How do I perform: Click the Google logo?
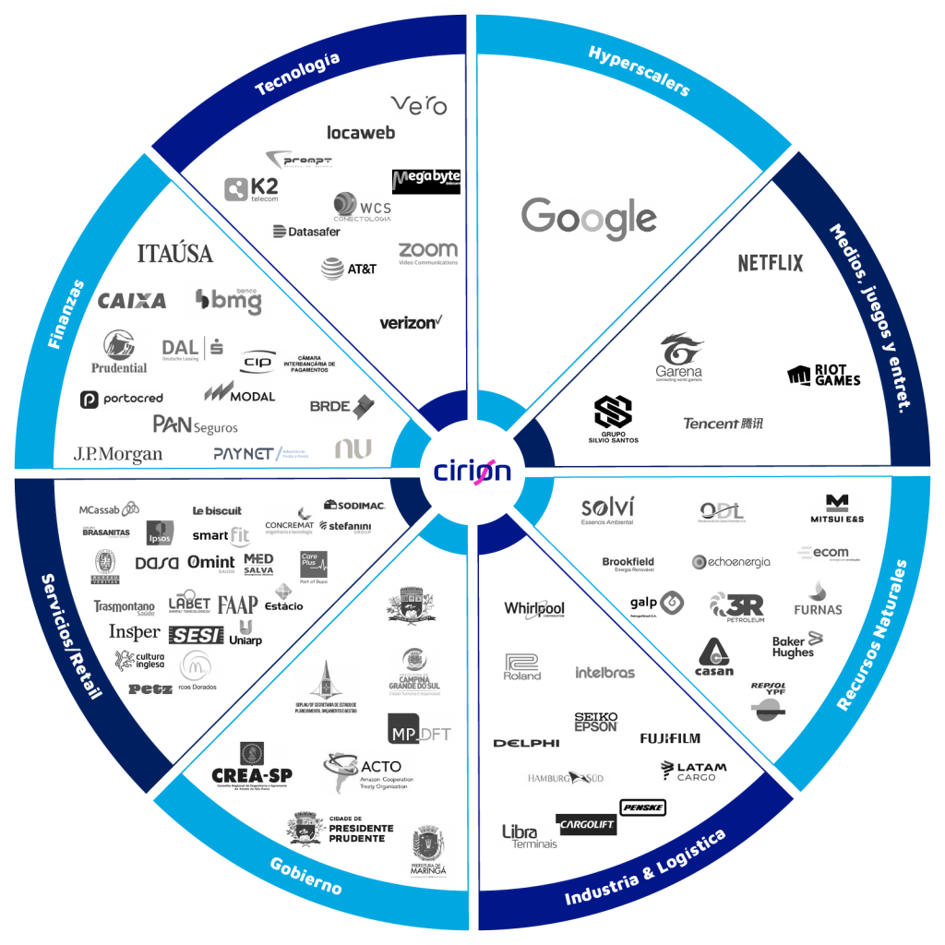tap(589, 220)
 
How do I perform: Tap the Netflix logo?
tap(771, 263)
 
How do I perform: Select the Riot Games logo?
tap(824, 376)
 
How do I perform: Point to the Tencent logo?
tap(724, 424)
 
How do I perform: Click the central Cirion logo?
tap(472, 471)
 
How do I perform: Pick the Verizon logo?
tap(412, 321)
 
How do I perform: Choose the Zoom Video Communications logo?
tap(427, 253)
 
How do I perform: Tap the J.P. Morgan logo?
tap(118, 455)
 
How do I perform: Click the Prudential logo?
tap(119, 352)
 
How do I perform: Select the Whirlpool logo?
tap(533, 609)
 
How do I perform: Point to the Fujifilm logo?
tap(670, 738)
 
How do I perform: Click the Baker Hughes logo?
tap(797, 645)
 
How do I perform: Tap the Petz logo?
tap(150, 688)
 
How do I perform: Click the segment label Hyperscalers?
tap(639, 71)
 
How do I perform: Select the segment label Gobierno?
tap(305, 876)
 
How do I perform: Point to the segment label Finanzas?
tap(66, 315)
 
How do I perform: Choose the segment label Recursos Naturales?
tap(872, 635)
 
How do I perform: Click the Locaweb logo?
tap(361, 133)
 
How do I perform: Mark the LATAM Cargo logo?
tap(694, 771)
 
